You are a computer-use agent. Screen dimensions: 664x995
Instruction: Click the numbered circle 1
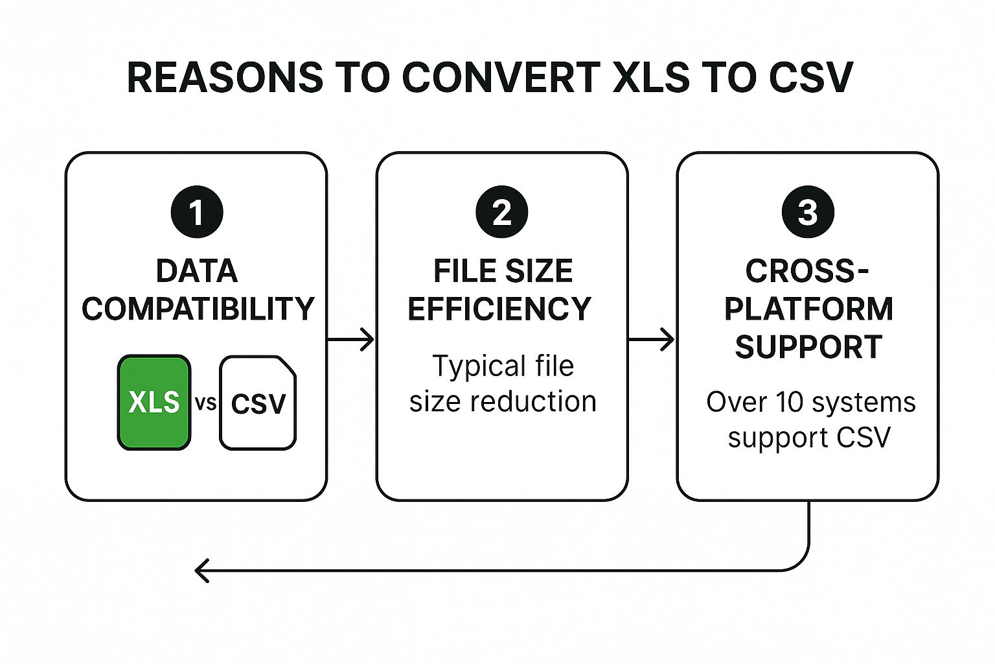(197, 212)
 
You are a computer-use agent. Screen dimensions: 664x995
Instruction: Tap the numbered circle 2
(501, 212)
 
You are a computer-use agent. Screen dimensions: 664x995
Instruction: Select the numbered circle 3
(807, 212)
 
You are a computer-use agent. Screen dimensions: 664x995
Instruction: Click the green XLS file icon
(154, 402)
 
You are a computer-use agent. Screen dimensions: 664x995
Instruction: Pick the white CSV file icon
(258, 403)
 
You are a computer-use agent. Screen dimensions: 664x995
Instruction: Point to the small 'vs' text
(205, 403)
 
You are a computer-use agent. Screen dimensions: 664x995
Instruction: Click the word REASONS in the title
(224, 77)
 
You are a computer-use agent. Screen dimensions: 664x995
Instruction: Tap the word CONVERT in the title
(500, 77)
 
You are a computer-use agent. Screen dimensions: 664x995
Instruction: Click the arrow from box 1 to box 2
(351, 339)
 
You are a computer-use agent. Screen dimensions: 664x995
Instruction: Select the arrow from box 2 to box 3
(652, 339)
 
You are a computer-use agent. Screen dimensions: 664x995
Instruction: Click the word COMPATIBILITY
(198, 309)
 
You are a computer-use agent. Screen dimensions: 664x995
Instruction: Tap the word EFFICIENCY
(499, 309)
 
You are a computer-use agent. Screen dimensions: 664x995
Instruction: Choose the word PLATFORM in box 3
(808, 309)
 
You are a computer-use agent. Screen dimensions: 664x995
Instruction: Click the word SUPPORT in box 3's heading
(808, 347)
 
